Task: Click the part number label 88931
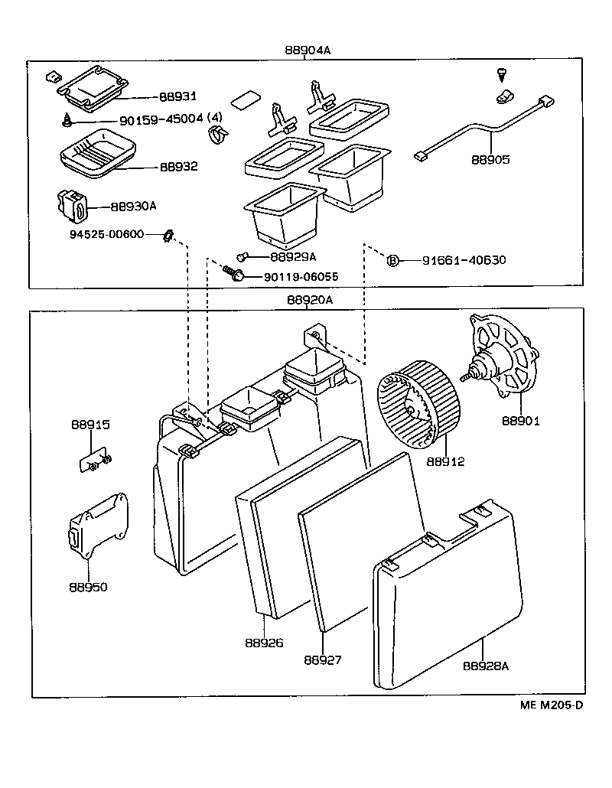point(177,97)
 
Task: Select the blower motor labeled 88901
point(504,359)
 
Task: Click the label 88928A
point(485,666)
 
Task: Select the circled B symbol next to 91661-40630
point(392,260)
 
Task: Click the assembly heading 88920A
point(310,300)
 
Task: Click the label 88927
point(322,659)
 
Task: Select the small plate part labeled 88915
point(93,461)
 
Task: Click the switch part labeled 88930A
point(73,205)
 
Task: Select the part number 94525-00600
point(102,234)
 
